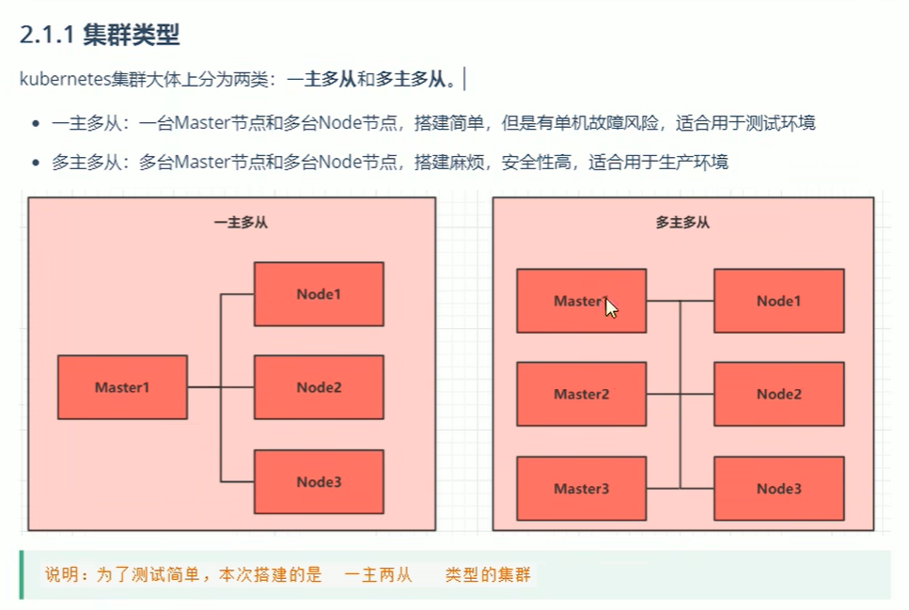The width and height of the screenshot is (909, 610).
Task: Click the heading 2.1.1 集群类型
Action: coord(99,36)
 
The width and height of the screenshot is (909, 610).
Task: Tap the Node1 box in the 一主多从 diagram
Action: coord(319,294)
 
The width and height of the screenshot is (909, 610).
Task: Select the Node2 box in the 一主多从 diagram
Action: coord(319,387)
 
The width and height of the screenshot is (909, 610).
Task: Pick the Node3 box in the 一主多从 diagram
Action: coord(319,482)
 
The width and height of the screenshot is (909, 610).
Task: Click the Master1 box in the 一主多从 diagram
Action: coord(122,387)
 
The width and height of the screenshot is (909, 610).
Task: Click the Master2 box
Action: coord(581,394)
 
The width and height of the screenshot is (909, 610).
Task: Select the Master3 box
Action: coord(581,489)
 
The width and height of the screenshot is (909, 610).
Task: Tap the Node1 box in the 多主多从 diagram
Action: coord(778,301)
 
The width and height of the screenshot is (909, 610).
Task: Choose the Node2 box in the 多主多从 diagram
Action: coord(778,394)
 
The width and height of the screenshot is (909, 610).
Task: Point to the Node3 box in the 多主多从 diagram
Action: coord(778,489)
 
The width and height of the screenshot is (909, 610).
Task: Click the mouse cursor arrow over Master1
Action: coord(611,307)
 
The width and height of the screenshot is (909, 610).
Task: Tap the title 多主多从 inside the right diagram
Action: coord(682,223)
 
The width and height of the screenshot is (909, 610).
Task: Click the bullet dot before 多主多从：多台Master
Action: coord(36,163)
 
